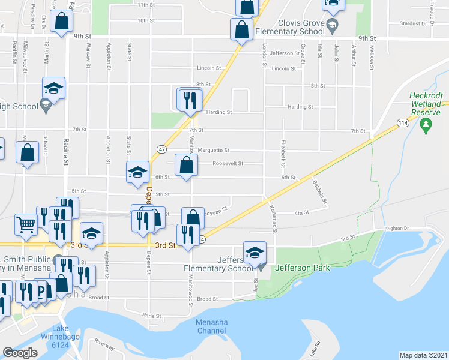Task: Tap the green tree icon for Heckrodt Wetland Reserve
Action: click(x=426, y=125)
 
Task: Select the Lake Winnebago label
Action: click(x=60, y=331)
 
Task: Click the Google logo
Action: click(x=20, y=353)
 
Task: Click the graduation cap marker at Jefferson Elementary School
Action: click(x=255, y=252)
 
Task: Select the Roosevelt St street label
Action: click(x=228, y=163)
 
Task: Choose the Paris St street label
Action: click(x=152, y=315)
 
